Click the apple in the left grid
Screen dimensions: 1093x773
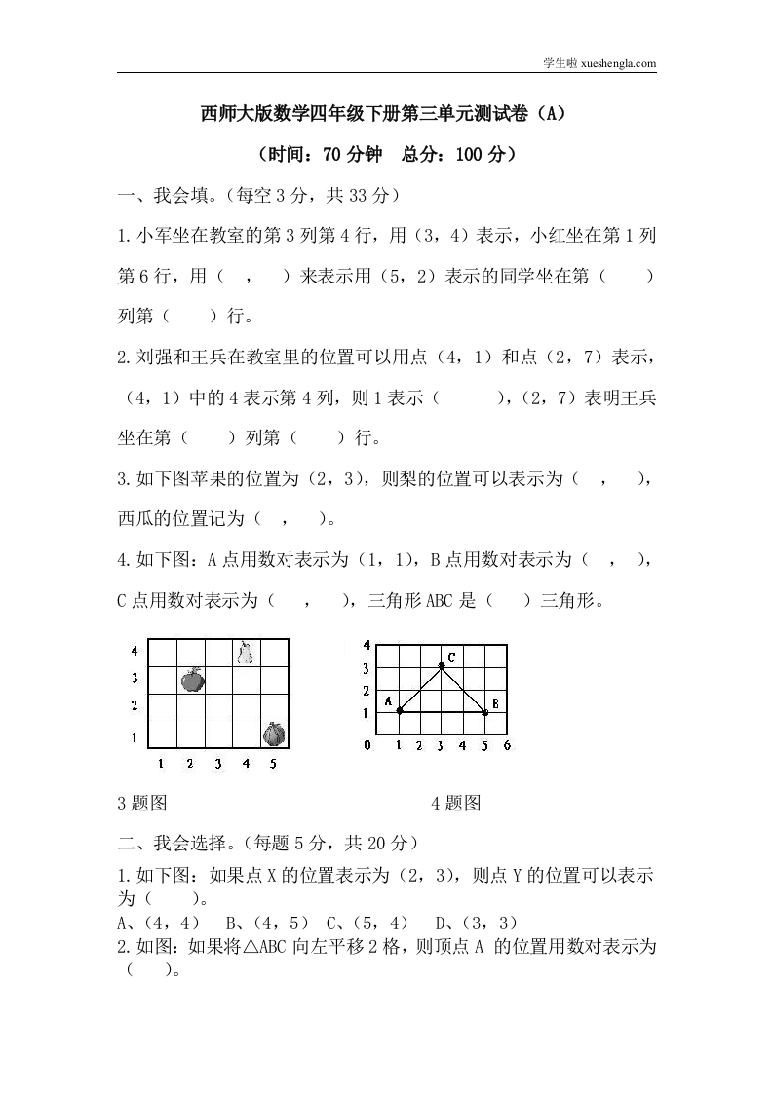pyautogui.click(x=191, y=679)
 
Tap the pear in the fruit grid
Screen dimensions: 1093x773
pyautogui.click(x=246, y=652)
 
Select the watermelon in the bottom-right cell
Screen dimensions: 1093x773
pyautogui.click(x=274, y=733)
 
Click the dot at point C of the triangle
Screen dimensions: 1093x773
pyautogui.click(x=442, y=666)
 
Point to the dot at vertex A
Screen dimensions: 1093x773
pyautogui.click(x=400, y=711)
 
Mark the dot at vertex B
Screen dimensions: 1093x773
pyautogui.click(x=484, y=712)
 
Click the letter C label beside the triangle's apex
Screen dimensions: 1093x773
pyautogui.click(x=452, y=658)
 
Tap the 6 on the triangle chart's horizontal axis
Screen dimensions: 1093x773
pyautogui.click(x=506, y=745)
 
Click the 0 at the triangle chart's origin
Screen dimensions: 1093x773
pyautogui.click(x=367, y=745)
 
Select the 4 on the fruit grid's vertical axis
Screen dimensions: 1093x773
pyautogui.click(x=135, y=650)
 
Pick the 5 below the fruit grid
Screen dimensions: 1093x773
pyautogui.click(x=273, y=764)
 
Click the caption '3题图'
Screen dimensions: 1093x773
pyautogui.click(x=142, y=803)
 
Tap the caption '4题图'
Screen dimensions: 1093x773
pyautogui.click(x=455, y=803)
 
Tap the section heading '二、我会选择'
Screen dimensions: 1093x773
pyautogui.click(x=175, y=842)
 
